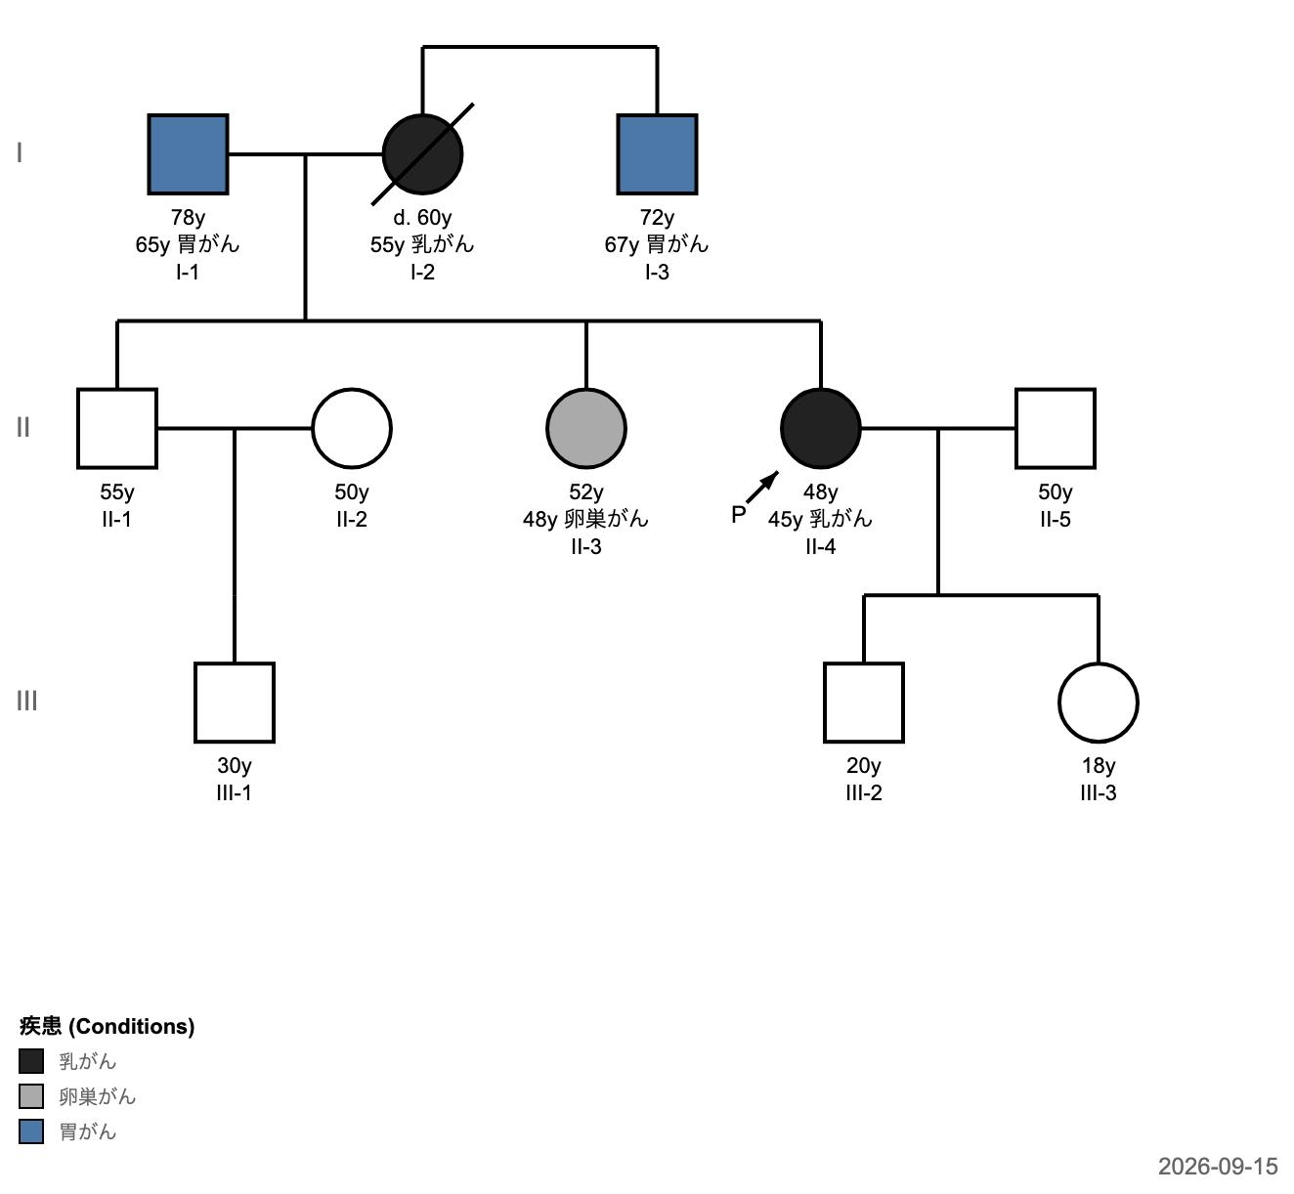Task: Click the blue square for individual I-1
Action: click(188, 154)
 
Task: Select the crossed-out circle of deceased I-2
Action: click(422, 154)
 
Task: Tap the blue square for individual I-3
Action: click(657, 154)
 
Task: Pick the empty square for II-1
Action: click(117, 429)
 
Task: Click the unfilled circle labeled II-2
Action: click(352, 429)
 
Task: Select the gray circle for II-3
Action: click(586, 429)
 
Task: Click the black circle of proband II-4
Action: click(821, 429)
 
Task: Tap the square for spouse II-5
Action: click(1056, 429)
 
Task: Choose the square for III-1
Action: click(235, 703)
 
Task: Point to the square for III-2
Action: click(864, 703)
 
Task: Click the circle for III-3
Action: click(1099, 703)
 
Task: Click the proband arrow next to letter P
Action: click(762, 488)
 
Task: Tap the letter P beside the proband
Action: click(738, 515)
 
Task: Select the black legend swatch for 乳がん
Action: click(31, 1061)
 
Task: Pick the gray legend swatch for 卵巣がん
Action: click(31, 1096)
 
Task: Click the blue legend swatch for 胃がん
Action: click(31, 1131)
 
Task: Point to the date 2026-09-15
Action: click(1218, 1166)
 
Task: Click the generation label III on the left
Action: click(26, 702)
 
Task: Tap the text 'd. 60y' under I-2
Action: click(422, 217)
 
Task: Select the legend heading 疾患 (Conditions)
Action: click(107, 1026)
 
